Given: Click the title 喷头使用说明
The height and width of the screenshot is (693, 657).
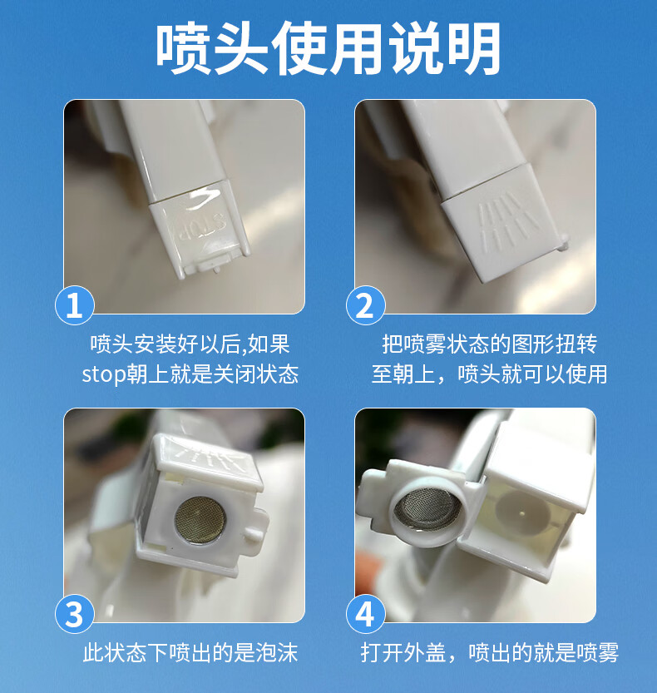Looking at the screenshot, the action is (x=328, y=47).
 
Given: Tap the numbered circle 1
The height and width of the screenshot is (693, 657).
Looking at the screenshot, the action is (x=74, y=305).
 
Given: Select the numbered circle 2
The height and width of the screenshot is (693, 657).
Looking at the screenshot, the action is (x=365, y=305).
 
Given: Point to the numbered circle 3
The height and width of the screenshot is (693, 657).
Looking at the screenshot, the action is (x=74, y=614).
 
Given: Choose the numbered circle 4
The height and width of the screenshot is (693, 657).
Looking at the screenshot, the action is (x=365, y=614).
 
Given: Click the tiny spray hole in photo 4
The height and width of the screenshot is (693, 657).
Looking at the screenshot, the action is (x=522, y=513).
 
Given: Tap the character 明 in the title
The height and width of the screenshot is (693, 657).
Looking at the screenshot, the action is (x=474, y=48).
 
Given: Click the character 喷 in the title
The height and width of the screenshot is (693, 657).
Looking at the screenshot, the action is (x=183, y=48).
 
